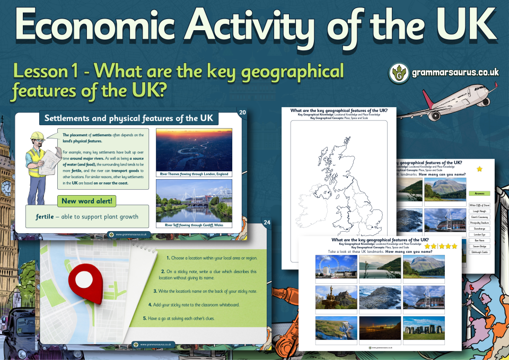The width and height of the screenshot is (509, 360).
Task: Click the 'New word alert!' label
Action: (86, 201)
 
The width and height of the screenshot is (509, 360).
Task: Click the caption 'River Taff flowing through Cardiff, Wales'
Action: (194, 225)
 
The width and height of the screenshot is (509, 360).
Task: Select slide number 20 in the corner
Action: (243, 112)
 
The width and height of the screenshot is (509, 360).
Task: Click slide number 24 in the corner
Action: (267, 222)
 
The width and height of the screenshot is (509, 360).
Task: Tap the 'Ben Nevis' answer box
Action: (479, 240)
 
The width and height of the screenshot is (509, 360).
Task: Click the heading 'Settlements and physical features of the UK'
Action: (129, 118)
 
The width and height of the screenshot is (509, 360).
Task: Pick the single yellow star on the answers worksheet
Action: (480, 169)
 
